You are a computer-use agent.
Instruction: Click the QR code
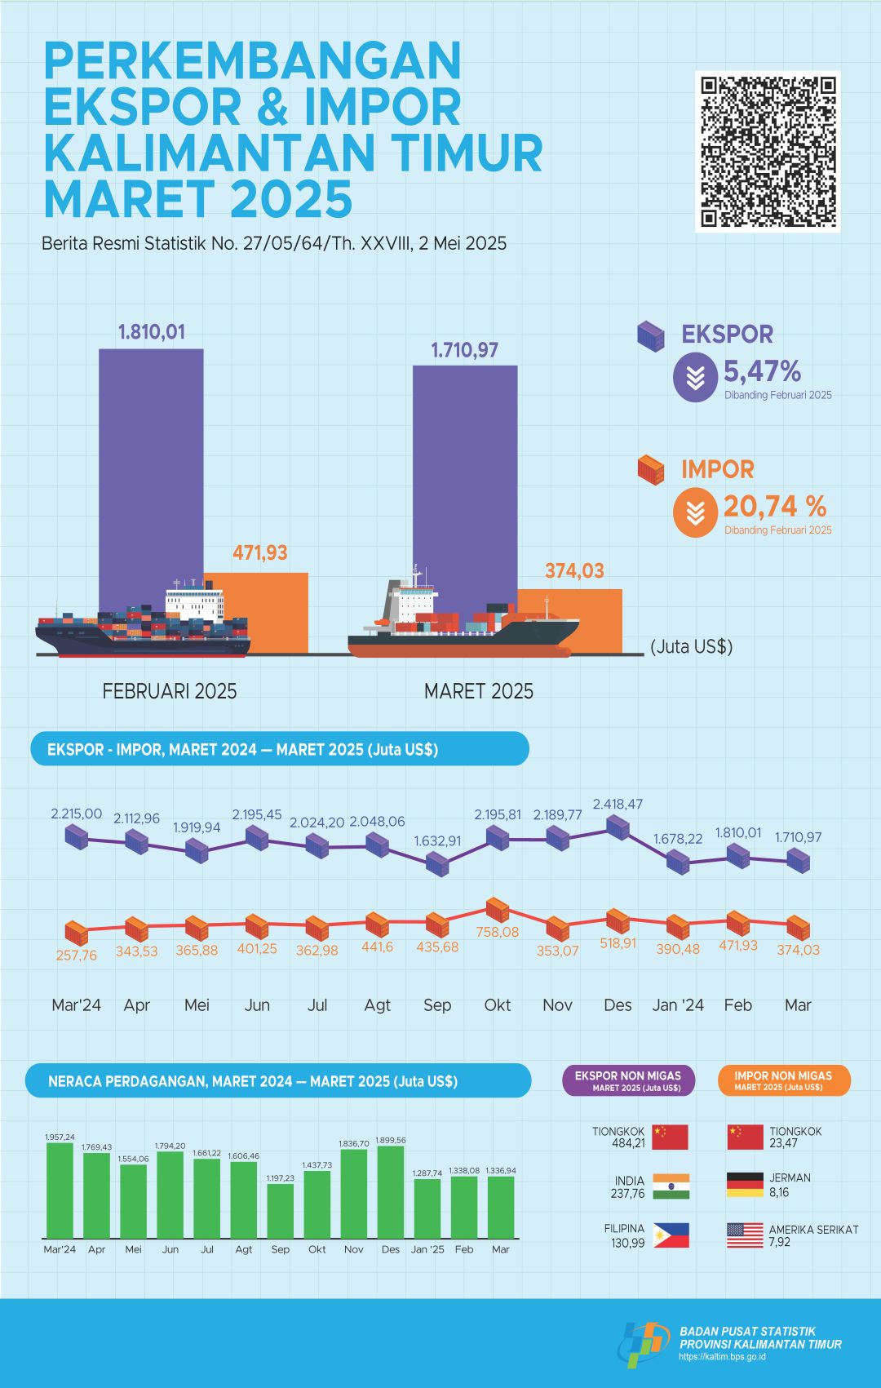point(768,151)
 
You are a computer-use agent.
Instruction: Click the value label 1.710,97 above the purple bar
point(464,351)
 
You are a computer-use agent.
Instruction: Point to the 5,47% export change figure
point(762,372)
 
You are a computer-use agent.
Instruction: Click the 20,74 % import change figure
point(774,507)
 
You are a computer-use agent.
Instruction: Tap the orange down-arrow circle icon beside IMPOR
point(695,512)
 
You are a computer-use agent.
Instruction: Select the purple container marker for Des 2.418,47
point(618,827)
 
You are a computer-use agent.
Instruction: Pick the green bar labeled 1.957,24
point(60,1190)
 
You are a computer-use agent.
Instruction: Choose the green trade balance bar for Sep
point(280,1210)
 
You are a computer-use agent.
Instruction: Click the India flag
point(671,1186)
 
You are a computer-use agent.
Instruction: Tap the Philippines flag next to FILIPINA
point(671,1235)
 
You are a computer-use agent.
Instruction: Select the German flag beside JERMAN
point(745,1185)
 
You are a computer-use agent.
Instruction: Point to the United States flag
point(745,1235)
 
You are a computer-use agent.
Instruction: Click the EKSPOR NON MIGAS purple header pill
point(628,1080)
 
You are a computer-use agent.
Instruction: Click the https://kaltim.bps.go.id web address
point(722,1357)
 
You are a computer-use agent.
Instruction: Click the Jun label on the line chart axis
point(257,1005)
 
